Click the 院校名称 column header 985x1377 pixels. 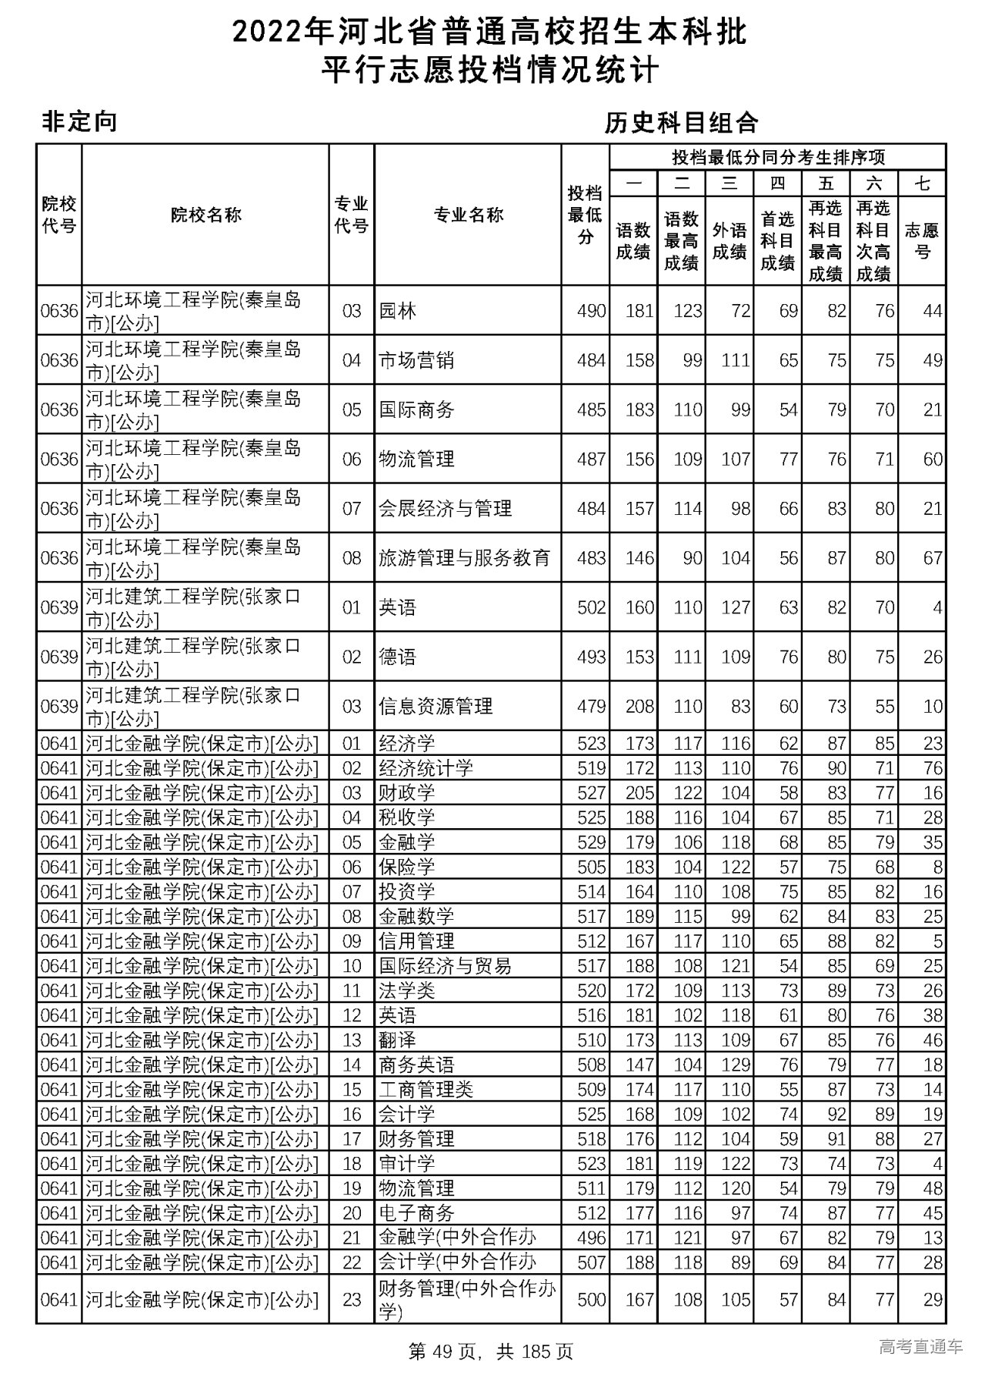click(x=205, y=215)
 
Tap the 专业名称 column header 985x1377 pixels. click(x=468, y=215)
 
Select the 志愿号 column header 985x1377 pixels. click(x=922, y=240)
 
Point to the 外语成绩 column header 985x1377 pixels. click(x=730, y=240)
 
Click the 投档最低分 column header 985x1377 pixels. click(x=585, y=215)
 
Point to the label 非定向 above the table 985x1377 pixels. click(x=78, y=122)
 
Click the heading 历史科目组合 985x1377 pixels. click(x=681, y=122)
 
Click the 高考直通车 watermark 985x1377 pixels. click(x=920, y=1346)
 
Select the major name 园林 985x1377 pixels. click(x=398, y=311)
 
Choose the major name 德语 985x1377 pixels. click(x=398, y=657)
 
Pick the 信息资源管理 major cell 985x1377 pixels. click(x=436, y=706)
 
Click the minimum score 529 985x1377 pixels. click(x=591, y=842)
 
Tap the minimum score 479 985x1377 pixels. click(x=591, y=706)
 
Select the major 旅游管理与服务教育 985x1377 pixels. click(x=465, y=558)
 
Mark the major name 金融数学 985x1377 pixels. click(x=416, y=916)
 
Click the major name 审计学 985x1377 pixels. click(x=407, y=1163)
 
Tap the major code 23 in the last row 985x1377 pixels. click(x=352, y=1299)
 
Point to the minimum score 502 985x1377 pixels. click(x=591, y=607)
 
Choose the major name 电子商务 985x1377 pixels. click(x=416, y=1212)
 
